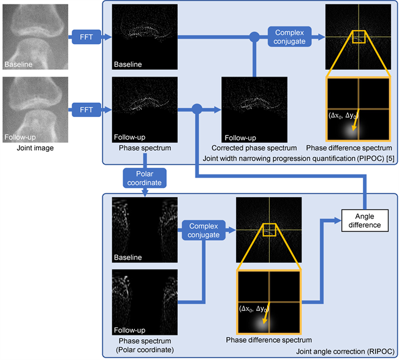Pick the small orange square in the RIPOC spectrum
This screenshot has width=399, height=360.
(x=270, y=230)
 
